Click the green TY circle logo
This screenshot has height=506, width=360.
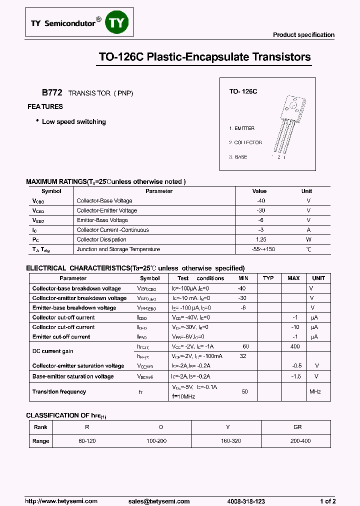coord(117,23)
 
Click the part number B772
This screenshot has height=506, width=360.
coord(52,93)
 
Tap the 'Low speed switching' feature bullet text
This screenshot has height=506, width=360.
coord(74,121)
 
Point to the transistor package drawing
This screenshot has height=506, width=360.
coord(290,125)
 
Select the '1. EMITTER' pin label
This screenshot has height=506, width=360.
coord(242,128)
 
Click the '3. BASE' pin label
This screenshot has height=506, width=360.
coord(238,157)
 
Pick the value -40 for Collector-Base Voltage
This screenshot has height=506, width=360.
coord(260,201)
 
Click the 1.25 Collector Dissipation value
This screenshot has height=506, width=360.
coord(260,239)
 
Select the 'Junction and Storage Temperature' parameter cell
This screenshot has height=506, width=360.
coord(118,249)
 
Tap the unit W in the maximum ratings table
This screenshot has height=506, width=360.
coord(308,239)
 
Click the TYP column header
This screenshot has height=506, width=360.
coord(268,278)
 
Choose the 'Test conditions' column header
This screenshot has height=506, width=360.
coord(200,278)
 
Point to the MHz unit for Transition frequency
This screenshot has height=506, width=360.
coord(315,391)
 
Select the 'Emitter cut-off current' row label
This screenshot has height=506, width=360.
coord(61,337)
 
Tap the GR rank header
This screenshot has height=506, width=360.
coord(298,427)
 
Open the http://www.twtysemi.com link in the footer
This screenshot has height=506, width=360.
coord(58,501)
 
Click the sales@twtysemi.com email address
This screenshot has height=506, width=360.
coord(159,501)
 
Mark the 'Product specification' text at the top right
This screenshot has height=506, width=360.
coord(303,35)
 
